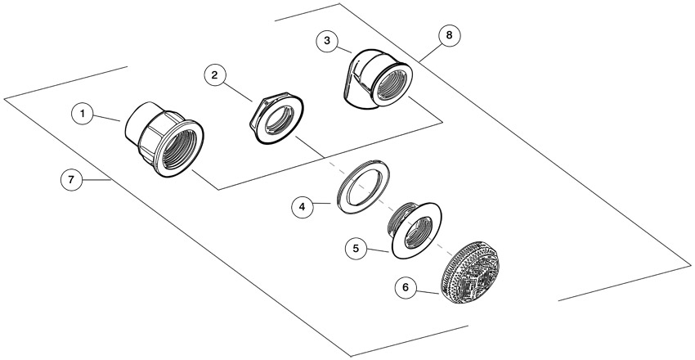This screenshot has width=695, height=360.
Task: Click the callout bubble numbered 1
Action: [x=83, y=114]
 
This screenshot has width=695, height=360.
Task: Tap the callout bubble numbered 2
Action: [x=215, y=75]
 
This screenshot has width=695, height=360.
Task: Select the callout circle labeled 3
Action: [x=327, y=41]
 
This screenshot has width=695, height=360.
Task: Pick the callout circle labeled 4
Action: [x=303, y=207]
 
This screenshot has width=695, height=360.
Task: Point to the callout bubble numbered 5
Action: [x=356, y=248]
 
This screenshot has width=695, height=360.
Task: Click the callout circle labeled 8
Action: [x=449, y=35]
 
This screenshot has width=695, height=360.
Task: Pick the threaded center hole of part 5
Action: [x=417, y=232]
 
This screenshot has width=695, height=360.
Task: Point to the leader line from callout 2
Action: [x=239, y=92]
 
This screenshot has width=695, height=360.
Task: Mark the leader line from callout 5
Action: [x=379, y=251]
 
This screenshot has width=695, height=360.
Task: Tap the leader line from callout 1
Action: [x=107, y=118]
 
